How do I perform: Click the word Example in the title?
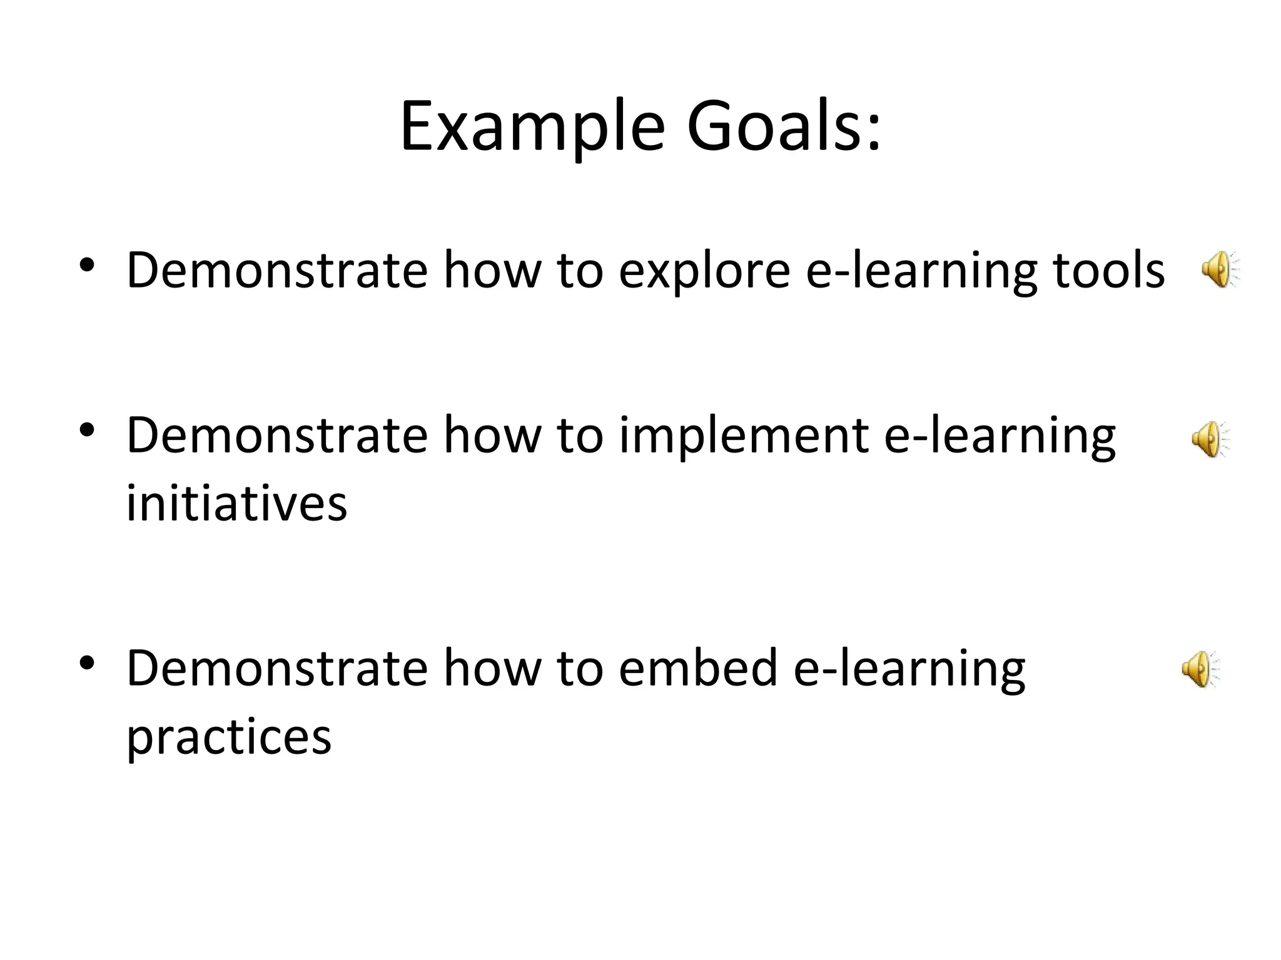coord(532,127)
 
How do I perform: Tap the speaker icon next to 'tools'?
coord(1219,269)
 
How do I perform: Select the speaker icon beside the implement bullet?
coord(1209,439)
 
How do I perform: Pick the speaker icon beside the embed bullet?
coord(1199,669)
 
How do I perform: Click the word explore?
coord(704,272)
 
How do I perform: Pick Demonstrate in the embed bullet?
coord(277,668)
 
